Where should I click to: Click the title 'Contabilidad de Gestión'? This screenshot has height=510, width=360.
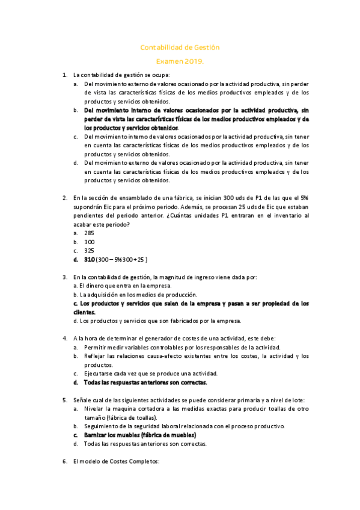tap(180, 47)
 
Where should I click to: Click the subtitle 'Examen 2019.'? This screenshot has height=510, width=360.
tap(180, 61)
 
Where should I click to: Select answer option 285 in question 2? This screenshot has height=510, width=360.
tap(89, 232)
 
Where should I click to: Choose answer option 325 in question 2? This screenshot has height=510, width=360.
tap(89, 250)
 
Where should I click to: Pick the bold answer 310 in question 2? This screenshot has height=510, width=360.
tap(90, 259)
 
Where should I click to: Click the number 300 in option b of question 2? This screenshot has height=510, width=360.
tap(89, 241)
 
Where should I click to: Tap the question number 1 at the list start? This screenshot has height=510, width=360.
tap(65, 75)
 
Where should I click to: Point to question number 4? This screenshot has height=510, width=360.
tap(65, 339)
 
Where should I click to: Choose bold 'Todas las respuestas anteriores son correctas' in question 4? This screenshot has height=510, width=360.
tap(145, 382)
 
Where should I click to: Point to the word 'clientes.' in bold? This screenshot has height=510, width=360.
tap(84, 312)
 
